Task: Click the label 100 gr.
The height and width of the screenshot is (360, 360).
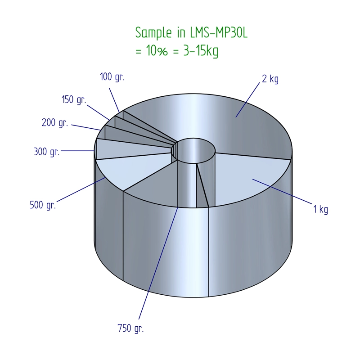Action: (x=112, y=77)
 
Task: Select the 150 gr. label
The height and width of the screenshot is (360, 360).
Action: (x=74, y=100)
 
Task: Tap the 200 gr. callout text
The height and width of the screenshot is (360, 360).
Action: (x=55, y=123)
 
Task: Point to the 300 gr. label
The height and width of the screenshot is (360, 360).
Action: (x=47, y=152)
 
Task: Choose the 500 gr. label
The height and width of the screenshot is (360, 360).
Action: (x=43, y=205)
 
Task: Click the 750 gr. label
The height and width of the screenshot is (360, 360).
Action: (x=130, y=328)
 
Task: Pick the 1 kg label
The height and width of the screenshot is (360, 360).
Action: (x=320, y=209)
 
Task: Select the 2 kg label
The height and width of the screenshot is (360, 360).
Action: (x=270, y=79)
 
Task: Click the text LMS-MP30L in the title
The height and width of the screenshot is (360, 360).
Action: (x=219, y=32)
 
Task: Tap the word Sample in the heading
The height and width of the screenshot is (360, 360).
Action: (x=153, y=33)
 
